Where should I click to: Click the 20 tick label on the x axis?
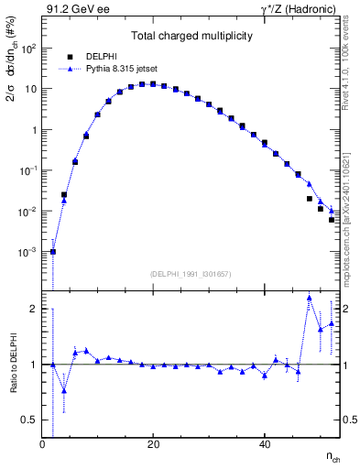pyautogui.click(x=153, y=445)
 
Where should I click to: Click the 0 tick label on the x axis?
pyautogui.click(x=42, y=445)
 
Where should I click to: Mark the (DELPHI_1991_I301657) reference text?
pyautogui.click(x=191, y=274)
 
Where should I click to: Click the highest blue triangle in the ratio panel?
pyautogui.click(x=310, y=298)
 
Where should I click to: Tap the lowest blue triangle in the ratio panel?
pyautogui.click(x=64, y=390)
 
